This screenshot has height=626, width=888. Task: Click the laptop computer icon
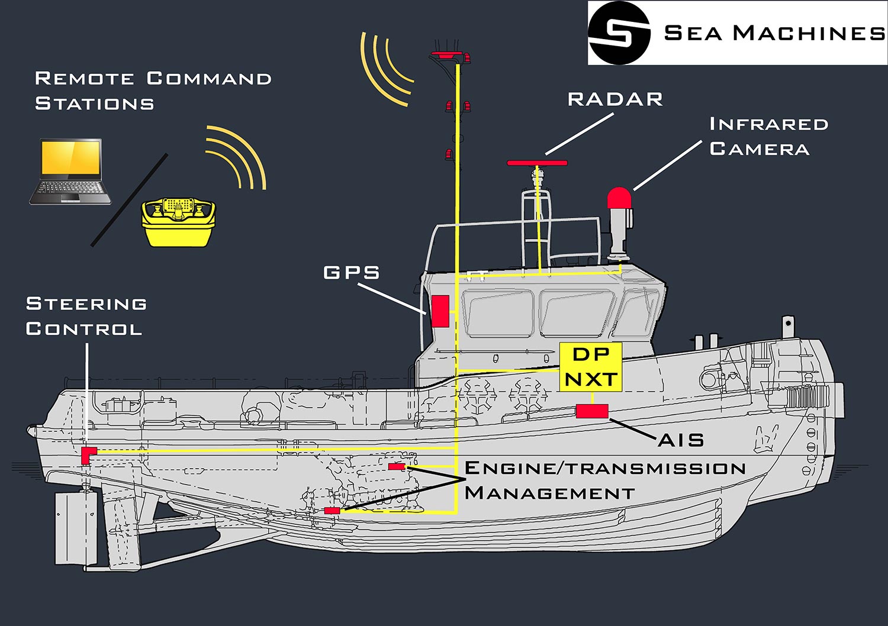(x=70, y=172)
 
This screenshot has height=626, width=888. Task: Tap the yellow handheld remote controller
(x=178, y=222)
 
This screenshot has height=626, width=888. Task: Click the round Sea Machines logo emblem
(x=619, y=33)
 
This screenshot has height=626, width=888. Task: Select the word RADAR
(x=615, y=99)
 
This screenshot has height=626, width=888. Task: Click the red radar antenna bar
(x=538, y=163)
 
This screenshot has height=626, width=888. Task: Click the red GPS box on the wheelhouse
(x=440, y=311)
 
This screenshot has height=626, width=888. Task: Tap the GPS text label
(x=352, y=273)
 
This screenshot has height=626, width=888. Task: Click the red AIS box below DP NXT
(x=592, y=411)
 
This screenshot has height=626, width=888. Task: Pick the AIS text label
(x=681, y=440)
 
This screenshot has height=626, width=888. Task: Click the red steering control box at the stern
(x=89, y=455)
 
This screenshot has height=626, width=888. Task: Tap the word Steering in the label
(x=86, y=304)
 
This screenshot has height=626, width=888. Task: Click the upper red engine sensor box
(x=397, y=467)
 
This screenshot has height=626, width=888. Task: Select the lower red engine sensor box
(x=332, y=510)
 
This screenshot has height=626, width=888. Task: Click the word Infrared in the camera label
(x=768, y=124)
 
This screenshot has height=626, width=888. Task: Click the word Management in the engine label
(x=549, y=493)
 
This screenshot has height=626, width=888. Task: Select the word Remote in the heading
(x=84, y=79)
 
